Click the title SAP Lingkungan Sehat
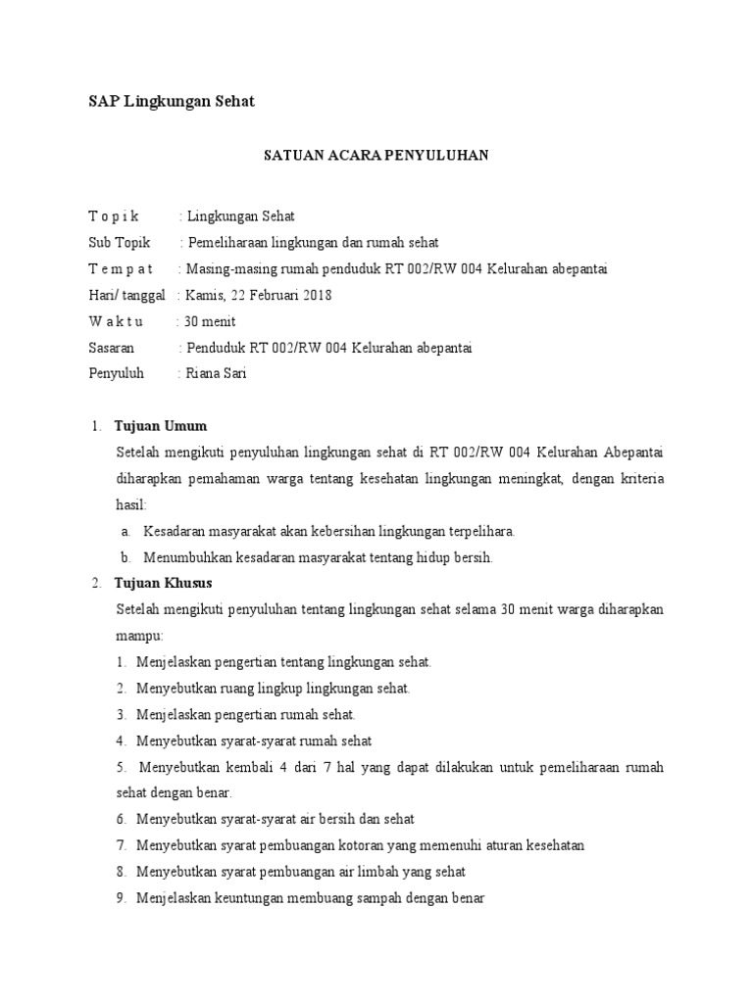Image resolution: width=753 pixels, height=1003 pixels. coord(172,101)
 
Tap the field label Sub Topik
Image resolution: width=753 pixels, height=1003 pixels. coord(120,242)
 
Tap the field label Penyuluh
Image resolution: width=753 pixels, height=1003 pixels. coord(117,373)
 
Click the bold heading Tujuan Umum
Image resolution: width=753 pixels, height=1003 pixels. coord(161,426)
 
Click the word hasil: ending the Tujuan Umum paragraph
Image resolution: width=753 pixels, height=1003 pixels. coord(131,504)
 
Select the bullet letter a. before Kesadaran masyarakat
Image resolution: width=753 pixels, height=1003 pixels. coord(126,531)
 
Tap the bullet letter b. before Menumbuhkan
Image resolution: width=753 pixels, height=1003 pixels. coord(126,557)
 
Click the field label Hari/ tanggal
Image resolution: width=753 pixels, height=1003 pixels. coord(126,295)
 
